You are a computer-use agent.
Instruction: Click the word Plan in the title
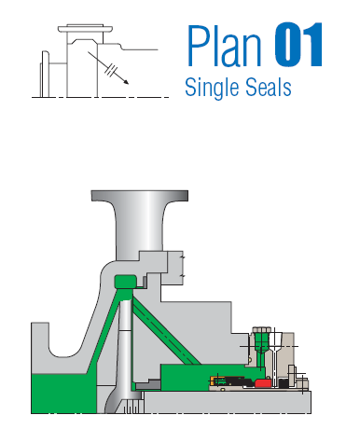[225, 46]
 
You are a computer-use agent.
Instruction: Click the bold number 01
[298, 45]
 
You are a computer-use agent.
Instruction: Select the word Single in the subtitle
[212, 88]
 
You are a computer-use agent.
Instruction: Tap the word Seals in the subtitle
[269, 87]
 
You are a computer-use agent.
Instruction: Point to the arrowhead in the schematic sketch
[126, 81]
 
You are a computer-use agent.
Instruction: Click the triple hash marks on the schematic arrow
[111, 70]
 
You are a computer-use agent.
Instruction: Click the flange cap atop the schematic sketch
[85, 29]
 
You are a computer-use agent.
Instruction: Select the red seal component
[263, 383]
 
